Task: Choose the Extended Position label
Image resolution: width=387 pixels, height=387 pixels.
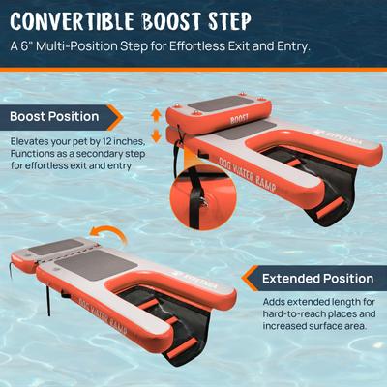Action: pyautogui.click(x=318, y=279)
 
